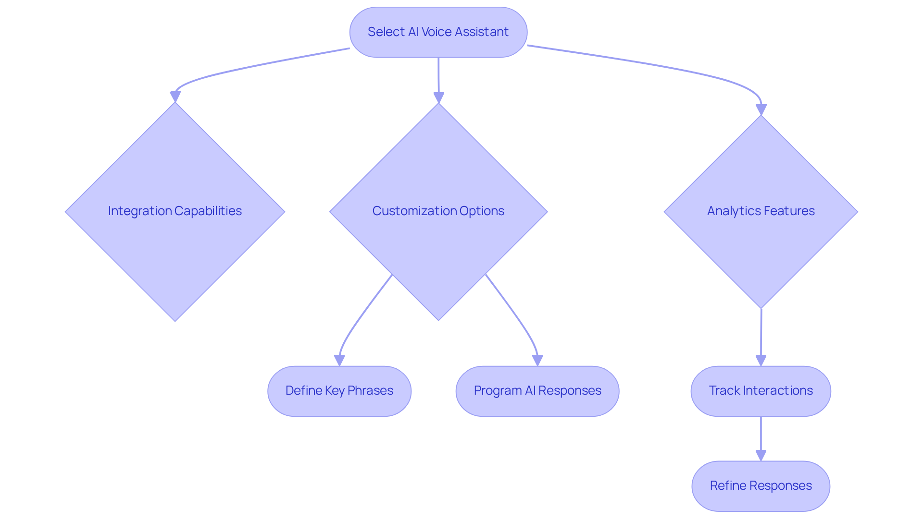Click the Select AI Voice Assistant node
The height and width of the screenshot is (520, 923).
(438, 32)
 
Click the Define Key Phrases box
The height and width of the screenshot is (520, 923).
(339, 391)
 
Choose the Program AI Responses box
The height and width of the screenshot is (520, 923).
(537, 391)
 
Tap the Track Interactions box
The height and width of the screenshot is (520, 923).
(761, 391)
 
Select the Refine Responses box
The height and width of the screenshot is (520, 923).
(761, 486)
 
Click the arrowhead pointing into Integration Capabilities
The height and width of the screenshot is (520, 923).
(175, 97)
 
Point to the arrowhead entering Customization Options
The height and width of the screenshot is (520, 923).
(438, 97)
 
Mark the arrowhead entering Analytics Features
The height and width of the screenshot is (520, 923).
(761, 109)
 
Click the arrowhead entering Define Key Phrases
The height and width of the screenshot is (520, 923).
(339, 360)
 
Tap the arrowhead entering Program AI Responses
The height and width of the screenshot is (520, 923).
(537, 360)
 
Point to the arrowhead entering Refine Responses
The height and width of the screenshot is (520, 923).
(761, 455)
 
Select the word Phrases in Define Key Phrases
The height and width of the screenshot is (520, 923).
(370, 391)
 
